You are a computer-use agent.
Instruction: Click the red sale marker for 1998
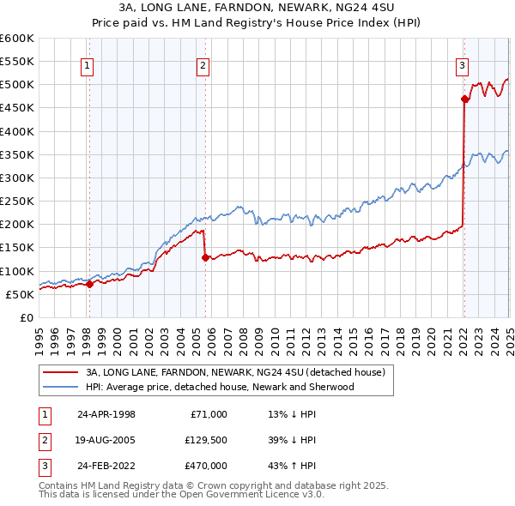point(89,285)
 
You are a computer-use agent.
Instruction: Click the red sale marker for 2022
point(464,99)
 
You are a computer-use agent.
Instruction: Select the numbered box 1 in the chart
point(88,65)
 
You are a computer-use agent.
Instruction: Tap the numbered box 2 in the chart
point(203,65)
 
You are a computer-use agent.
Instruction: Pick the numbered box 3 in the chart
point(462,65)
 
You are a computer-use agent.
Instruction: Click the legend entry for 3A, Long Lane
point(240,372)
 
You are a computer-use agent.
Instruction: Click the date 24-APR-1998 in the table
point(106,414)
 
